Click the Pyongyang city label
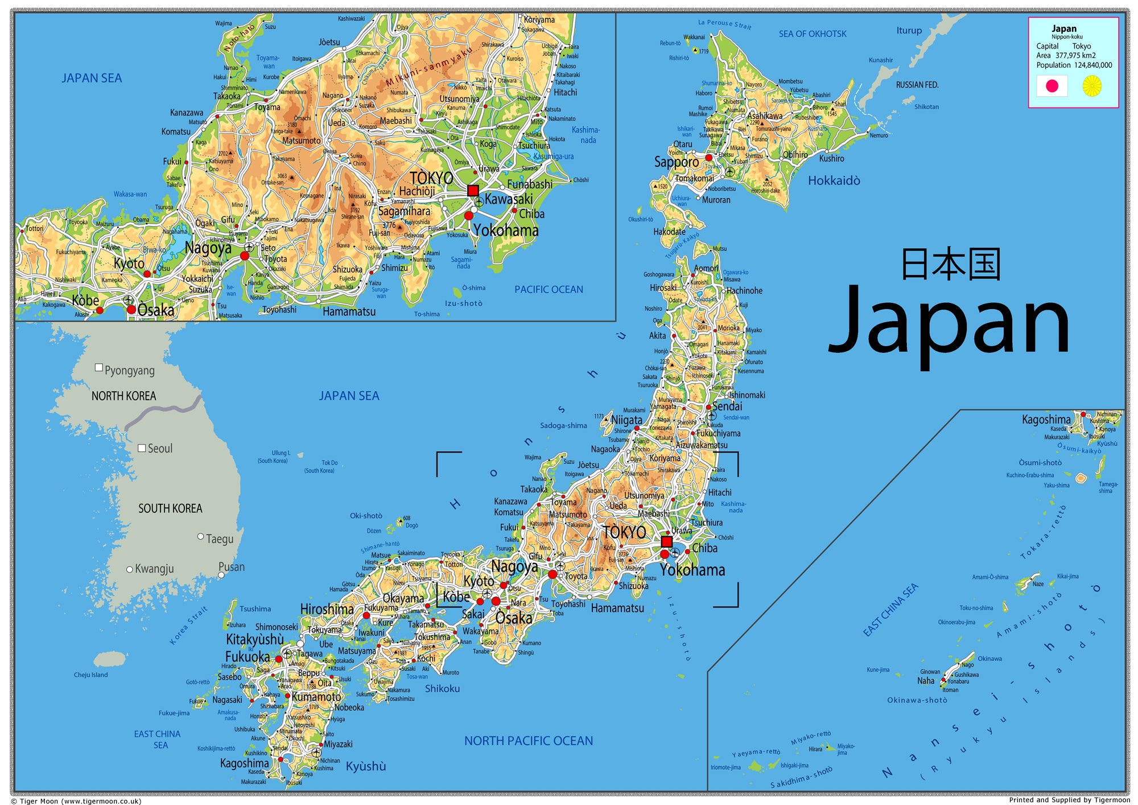(x=129, y=371)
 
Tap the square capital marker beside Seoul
(x=142, y=448)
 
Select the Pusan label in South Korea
(x=232, y=567)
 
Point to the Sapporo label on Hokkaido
(x=676, y=162)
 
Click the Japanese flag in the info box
(x=1052, y=86)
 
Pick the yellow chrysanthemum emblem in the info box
(x=1091, y=86)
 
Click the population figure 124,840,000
(x=1092, y=65)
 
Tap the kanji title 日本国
(x=950, y=264)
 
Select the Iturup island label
(x=909, y=31)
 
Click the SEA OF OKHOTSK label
(x=812, y=34)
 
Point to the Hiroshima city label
(x=327, y=609)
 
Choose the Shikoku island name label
(x=442, y=689)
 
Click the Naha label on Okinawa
(x=925, y=681)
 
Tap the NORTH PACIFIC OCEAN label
(x=528, y=741)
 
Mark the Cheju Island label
(x=90, y=675)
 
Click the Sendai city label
(x=727, y=406)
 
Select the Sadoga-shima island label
(x=563, y=425)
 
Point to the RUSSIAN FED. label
(x=917, y=85)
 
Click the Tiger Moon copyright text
(x=76, y=801)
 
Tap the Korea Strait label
(x=188, y=626)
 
